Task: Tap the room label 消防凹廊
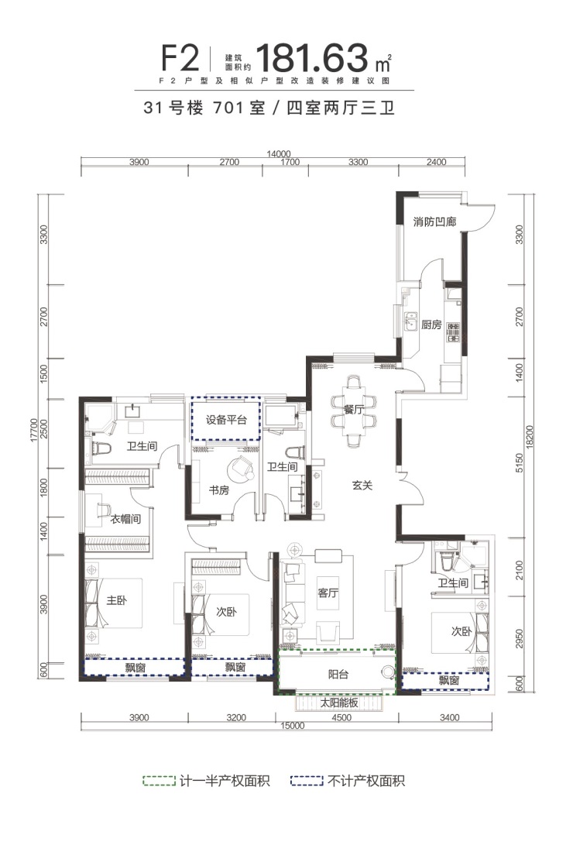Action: tap(434, 222)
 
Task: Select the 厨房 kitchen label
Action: tap(431, 325)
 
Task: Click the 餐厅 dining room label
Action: tap(354, 409)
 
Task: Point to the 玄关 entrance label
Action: tap(362, 485)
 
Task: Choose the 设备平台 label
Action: tap(226, 420)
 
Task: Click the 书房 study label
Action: tap(219, 490)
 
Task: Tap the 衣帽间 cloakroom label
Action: tap(125, 519)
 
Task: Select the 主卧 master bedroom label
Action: tap(116, 600)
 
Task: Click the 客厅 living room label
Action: tap(328, 593)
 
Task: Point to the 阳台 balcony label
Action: tap(338, 675)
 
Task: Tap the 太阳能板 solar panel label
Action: tap(339, 703)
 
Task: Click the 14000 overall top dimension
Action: tap(279, 154)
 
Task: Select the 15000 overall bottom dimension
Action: tap(292, 726)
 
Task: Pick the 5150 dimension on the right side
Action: tap(520, 463)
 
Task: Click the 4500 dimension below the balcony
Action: tap(341, 718)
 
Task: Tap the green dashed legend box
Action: tap(160, 782)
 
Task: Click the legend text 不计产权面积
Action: tap(366, 782)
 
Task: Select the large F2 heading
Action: tap(180, 59)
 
